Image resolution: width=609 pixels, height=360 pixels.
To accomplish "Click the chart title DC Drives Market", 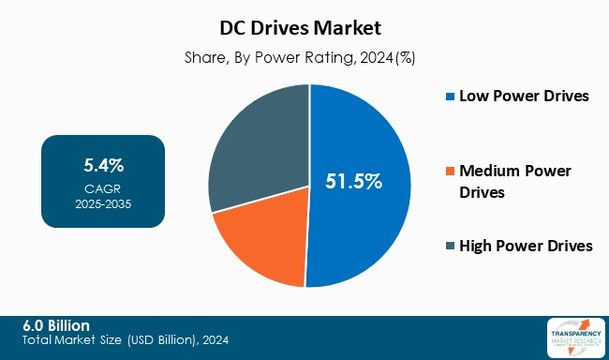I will (309, 29).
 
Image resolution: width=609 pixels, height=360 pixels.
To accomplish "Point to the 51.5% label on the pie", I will (353, 182).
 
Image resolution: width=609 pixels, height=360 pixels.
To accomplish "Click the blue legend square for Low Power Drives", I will (451, 96).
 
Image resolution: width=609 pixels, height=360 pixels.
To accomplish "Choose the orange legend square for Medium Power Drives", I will (451, 171).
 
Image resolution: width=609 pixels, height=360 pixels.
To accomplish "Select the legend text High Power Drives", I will (527, 246).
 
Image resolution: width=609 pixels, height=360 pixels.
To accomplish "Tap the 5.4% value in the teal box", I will (103, 166).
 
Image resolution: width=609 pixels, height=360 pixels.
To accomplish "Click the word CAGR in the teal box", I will (103, 187).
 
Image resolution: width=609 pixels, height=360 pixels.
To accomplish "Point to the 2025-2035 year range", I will (103, 203).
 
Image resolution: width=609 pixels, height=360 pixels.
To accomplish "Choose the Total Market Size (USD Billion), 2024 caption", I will (126, 339).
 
